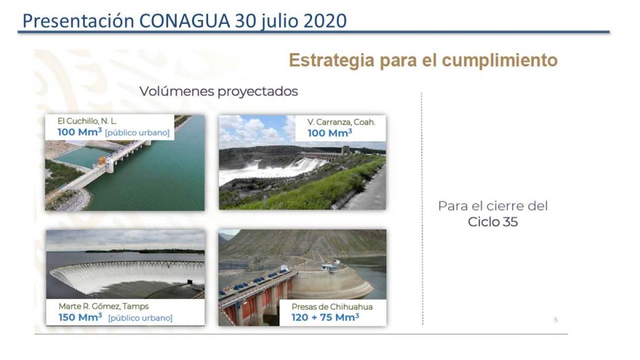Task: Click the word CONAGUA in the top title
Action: click(185, 21)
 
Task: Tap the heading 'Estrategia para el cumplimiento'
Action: click(423, 60)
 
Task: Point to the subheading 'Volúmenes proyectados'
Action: click(219, 91)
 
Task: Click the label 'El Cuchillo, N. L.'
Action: click(87, 121)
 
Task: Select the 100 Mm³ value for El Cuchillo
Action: click(79, 132)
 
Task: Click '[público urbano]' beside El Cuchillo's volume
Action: click(137, 133)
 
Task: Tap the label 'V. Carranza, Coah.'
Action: click(341, 122)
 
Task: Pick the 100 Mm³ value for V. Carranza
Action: click(330, 133)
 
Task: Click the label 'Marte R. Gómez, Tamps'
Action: click(103, 306)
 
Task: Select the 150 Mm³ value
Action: click(81, 317)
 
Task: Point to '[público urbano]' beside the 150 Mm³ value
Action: click(140, 318)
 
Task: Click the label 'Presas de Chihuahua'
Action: click(332, 306)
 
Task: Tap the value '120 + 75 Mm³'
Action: click(326, 317)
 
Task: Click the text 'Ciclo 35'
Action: click(493, 222)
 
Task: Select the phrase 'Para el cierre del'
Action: click(493, 206)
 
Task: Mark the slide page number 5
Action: click(556, 319)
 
